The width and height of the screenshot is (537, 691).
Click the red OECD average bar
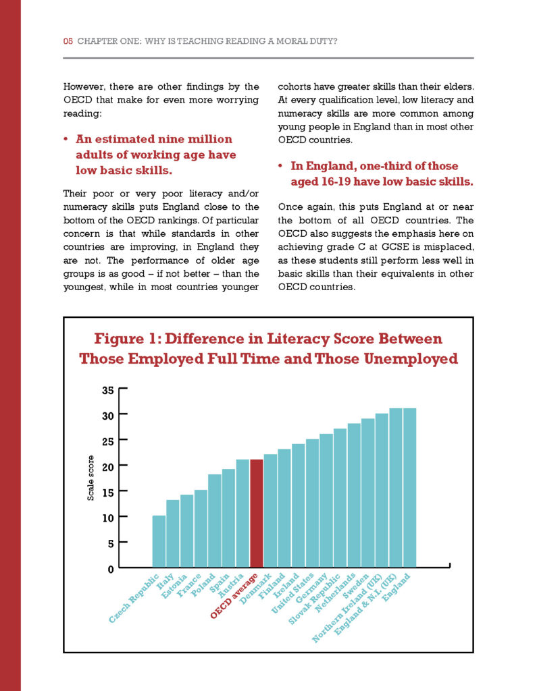tap(257, 513)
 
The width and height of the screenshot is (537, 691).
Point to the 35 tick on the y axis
tap(108, 389)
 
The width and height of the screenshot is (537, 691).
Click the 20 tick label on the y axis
tap(108, 466)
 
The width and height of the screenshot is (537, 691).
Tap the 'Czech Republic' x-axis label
tap(134, 597)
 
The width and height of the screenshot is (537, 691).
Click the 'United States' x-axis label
tap(293, 592)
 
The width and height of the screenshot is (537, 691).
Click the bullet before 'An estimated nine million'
tap(67, 140)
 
